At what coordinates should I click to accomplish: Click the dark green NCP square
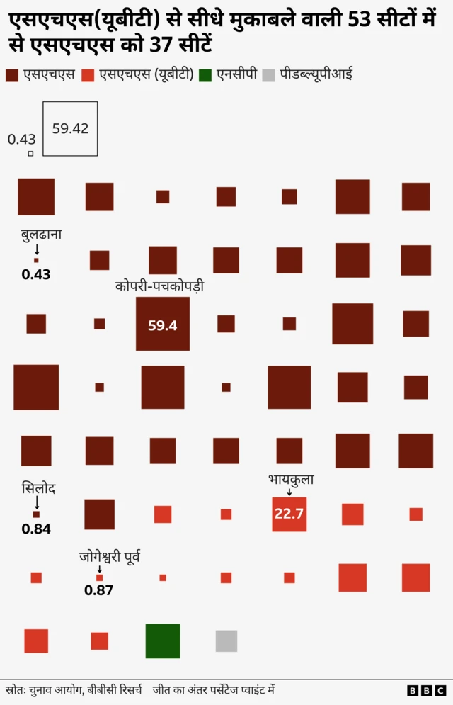pos(163,641)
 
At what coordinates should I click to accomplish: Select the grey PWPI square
pos(226,641)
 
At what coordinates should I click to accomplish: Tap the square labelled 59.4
pos(163,325)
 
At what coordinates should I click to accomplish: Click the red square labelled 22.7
pos(289,514)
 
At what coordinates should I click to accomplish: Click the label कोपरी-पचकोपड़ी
pos(164,286)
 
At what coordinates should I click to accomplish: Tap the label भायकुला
pos(291,480)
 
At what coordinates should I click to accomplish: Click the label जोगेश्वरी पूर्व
pos(110,557)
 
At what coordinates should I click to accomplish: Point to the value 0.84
pos(36,529)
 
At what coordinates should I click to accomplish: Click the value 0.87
pos(98,590)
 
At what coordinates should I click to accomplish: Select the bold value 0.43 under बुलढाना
pos(36,274)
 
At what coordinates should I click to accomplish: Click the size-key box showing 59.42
pos(70,129)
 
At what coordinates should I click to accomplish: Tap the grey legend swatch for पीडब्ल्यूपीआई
pos(268,74)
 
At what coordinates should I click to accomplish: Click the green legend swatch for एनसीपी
pos(205,74)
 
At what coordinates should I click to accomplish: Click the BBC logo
pos(427,690)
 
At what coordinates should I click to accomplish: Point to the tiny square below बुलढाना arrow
pos(37,260)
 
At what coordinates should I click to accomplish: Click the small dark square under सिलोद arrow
pos(36,514)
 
